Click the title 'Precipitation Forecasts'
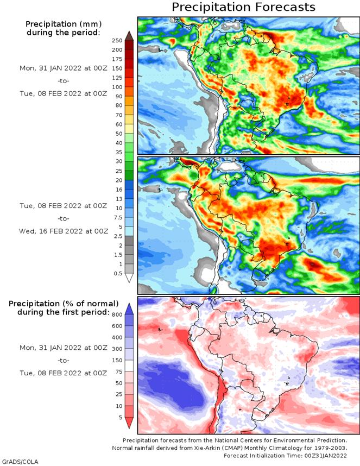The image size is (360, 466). pyautogui.click(x=243, y=7)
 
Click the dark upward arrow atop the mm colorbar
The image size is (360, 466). pyautogui.click(x=129, y=36)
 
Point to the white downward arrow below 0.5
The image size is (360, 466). pyautogui.click(x=129, y=278)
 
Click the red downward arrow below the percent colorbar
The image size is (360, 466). pyautogui.click(x=129, y=422)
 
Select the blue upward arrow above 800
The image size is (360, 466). pyautogui.click(x=129, y=308)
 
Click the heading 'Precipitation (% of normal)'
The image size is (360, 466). pyautogui.click(x=64, y=303)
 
